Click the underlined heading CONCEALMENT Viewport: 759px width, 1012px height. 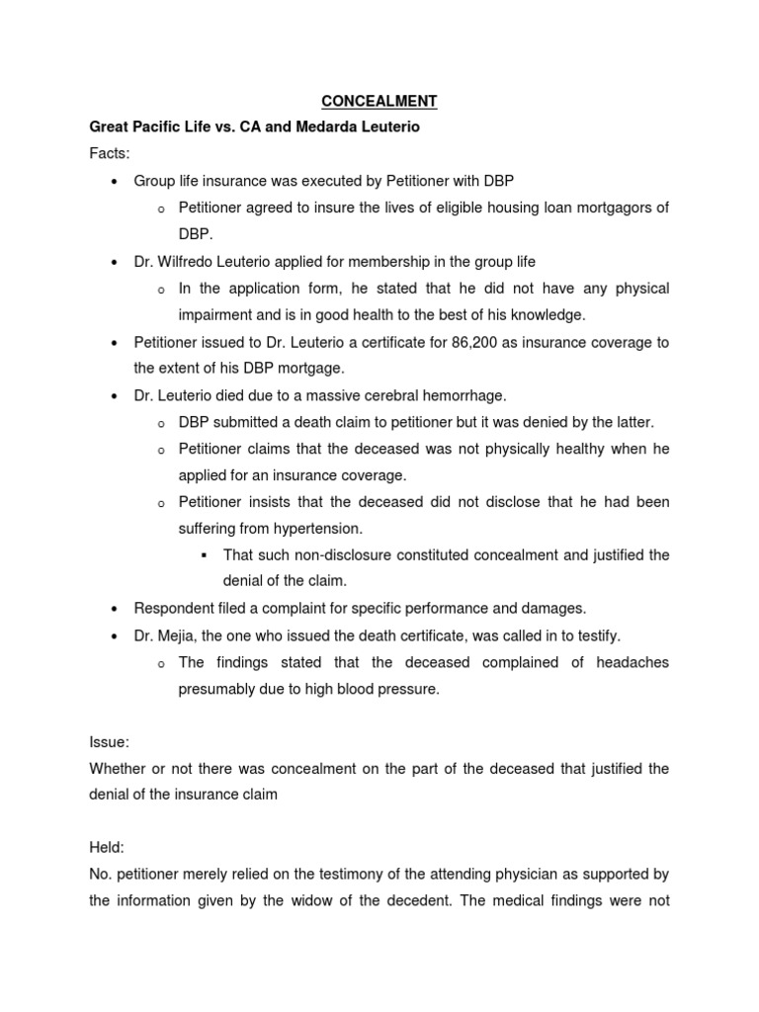[x=379, y=101]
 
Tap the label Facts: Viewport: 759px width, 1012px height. [x=110, y=155]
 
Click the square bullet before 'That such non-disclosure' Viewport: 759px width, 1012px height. [x=203, y=555]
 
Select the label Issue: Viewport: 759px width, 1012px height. [x=110, y=742]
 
